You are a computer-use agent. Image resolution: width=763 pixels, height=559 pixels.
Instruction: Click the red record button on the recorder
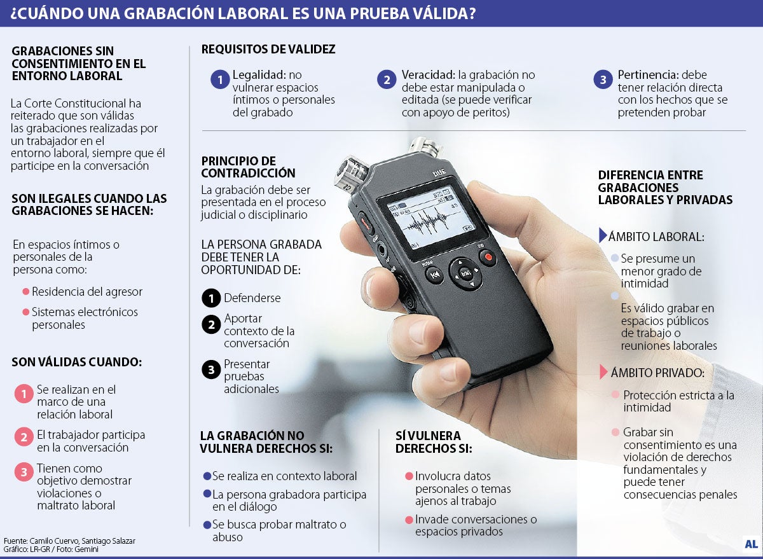[488, 257]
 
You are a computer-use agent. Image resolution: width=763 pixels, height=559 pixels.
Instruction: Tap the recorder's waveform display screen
[432, 217]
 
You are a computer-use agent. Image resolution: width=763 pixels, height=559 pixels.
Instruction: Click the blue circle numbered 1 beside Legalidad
[220, 79]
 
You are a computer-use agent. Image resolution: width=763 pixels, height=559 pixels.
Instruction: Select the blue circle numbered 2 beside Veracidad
[387, 79]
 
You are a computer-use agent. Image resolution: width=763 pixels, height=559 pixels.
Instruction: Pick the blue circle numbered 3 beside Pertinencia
[603, 79]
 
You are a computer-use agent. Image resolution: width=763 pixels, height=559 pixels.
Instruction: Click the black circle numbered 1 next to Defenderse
[211, 298]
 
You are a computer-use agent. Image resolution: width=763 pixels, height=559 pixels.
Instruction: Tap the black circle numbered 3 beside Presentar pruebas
[211, 369]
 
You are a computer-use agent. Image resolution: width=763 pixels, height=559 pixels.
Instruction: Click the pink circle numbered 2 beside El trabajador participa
[24, 437]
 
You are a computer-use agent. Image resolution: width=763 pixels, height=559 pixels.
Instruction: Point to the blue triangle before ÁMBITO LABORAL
[603, 235]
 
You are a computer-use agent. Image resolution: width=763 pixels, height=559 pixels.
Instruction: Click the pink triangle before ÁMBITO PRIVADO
[603, 372]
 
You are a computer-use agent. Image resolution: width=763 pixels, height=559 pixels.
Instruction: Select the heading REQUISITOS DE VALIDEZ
[268, 50]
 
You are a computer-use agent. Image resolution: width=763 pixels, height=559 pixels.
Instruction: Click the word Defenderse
[252, 298]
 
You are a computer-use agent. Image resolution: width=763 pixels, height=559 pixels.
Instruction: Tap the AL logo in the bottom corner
[751, 544]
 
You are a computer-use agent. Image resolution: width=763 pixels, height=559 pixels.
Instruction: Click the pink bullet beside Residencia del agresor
[25, 292]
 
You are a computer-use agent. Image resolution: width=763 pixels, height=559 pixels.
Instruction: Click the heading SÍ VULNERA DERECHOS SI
[434, 442]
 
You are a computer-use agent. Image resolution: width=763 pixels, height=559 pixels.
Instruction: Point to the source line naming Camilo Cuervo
[69, 541]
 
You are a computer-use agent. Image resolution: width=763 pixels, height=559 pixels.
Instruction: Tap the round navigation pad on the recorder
[465, 273]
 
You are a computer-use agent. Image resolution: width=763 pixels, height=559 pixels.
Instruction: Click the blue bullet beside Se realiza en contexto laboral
[207, 476]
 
